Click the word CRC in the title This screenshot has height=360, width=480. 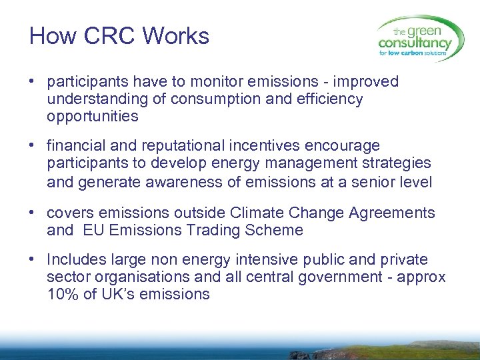click(x=107, y=36)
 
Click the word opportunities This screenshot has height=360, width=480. click(x=93, y=117)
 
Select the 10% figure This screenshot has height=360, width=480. click(x=63, y=295)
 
